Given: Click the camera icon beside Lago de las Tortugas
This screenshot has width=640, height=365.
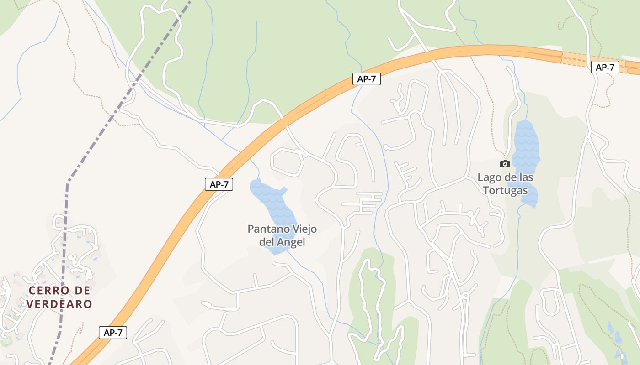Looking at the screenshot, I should [x=505, y=164].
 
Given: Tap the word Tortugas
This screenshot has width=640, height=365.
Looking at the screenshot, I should [x=505, y=190].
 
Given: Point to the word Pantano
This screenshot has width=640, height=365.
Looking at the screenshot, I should [x=267, y=229].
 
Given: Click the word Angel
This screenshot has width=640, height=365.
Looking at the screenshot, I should [x=291, y=242].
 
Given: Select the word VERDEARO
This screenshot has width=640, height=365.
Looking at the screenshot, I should [x=59, y=304].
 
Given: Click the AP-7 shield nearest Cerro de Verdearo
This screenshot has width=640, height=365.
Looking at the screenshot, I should [x=112, y=333].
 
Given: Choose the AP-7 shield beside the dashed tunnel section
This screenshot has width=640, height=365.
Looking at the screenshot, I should [x=605, y=68].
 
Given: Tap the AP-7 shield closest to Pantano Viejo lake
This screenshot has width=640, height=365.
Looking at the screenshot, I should [x=219, y=184].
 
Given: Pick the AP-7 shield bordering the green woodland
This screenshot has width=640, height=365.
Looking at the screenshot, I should [x=366, y=79].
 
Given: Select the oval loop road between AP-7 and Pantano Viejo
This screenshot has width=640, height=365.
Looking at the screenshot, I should [x=287, y=162].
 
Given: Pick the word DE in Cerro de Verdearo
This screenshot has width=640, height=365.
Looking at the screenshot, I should [x=81, y=291].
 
